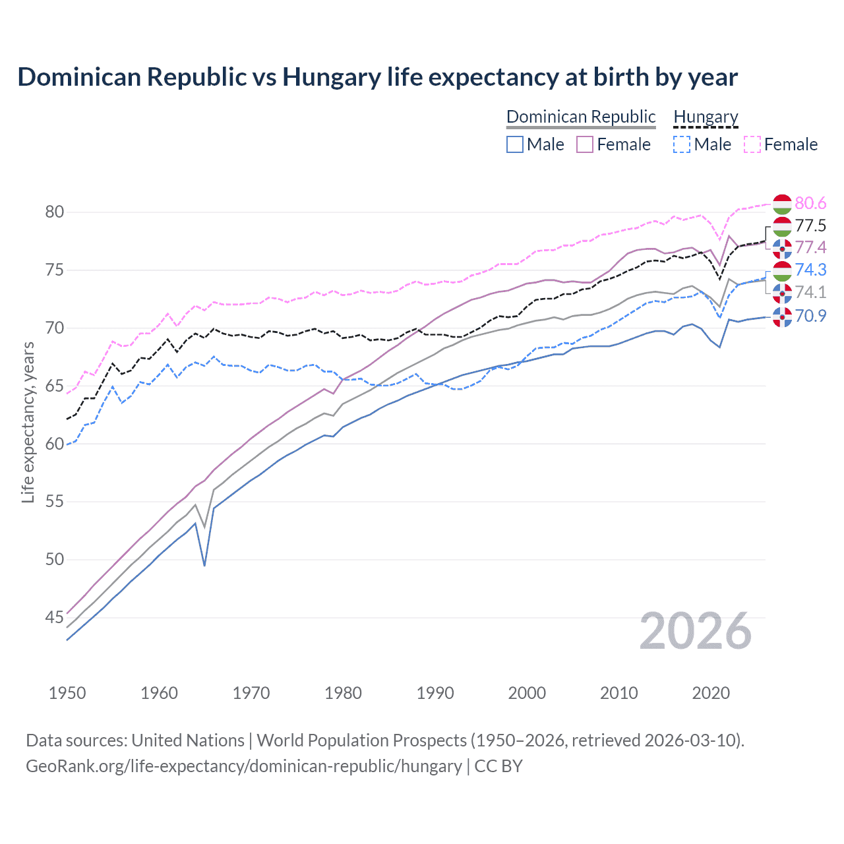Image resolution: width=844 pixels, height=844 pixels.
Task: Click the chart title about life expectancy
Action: pyautogui.click(x=377, y=77)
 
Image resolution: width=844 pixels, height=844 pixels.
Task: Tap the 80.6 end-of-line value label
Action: pyautogui.click(x=810, y=203)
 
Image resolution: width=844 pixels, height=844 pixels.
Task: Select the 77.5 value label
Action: pyautogui.click(x=810, y=226)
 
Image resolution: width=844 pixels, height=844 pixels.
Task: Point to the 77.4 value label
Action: pyautogui.click(x=810, y=247)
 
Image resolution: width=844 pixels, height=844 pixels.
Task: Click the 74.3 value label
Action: pyautogui.click(x=810, y=270)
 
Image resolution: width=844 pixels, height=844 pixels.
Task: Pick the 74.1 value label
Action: pyautogui.click(x=810, y=292)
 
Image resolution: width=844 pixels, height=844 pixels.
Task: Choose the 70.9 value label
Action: pyautogui.click(x=810, y=316)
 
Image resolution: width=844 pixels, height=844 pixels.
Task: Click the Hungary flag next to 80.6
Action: pyautogui.click(x=782, y=204)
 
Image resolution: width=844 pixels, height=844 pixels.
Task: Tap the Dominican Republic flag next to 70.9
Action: pyautogui.click(x=782, y=316)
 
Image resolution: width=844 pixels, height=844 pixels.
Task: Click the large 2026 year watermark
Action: pyautogui.click(x=696, y=631)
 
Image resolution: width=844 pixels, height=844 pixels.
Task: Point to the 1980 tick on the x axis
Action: pyautogui.click(x=344, y=693)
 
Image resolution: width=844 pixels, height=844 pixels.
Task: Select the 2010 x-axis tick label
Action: pyautogui.click(x=618, y=693)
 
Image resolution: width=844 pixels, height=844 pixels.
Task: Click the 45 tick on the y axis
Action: pyautogui.click(x=54, y=618)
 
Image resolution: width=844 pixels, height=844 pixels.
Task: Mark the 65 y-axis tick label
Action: pyautogui.click(x=54, y=386)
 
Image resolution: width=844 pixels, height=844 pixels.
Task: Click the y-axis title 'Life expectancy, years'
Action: pyautogui.click(x=28, y=422)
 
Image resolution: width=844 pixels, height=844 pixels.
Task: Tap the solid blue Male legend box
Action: pyautogui.click(x=515, y=144)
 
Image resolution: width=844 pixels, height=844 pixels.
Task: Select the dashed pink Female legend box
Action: pyautogui.click(x=752, y=144)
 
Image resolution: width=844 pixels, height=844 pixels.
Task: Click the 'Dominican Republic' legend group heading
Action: pyautogui.click(x=581, y=117)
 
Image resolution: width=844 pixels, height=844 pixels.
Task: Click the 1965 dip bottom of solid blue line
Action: pyautogui.click(x=205, y=565)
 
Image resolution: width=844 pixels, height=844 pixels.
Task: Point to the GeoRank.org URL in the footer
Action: pyautogui.click(x=244, y=766)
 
